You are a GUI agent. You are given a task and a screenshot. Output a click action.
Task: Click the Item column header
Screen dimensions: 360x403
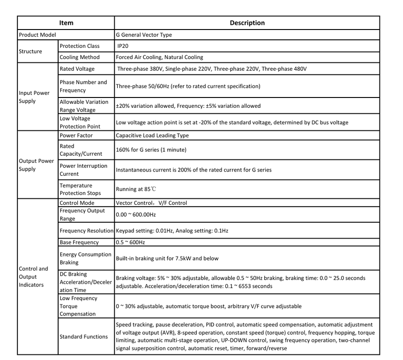click(x=66, y=22)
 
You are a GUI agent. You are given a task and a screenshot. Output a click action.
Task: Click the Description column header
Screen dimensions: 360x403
click(x=247, y=22)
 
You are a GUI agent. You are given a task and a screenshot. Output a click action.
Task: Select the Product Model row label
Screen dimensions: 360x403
click(x=37, y=35)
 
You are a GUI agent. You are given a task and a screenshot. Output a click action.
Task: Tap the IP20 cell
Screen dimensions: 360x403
click(x=124, y=46)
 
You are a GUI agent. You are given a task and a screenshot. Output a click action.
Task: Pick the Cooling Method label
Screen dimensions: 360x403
click(x=80, y=57)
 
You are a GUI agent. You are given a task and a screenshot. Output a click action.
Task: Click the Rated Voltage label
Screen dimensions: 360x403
click(x=77, y=69)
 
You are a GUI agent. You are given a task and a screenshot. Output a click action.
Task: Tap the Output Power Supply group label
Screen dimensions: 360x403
click(x=37, y=165)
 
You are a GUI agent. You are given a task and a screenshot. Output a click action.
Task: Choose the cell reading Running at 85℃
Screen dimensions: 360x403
click(x=139, y=190)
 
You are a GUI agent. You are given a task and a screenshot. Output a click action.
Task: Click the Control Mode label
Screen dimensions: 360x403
click(x=77, y=203)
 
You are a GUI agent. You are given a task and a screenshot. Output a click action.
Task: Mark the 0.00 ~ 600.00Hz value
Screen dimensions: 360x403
click(x=136, y=214)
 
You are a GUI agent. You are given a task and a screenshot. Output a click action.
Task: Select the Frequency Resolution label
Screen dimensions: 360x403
click(x=87, y=231)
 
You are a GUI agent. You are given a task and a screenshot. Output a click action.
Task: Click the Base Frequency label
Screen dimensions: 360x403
click(x=79, y=242)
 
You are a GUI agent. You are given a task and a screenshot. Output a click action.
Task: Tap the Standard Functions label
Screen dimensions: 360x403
click(x=83, y=337)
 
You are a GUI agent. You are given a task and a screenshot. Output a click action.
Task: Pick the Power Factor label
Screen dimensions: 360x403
click(x=76, y=135)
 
